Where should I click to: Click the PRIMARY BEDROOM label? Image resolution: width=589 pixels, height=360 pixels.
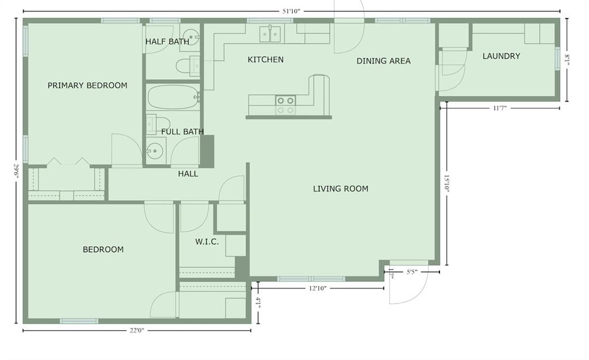(x=87, y=86)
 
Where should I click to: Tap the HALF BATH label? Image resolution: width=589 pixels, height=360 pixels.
(x=167, y=41)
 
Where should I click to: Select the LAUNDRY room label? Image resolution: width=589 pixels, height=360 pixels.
(x=501, y=56)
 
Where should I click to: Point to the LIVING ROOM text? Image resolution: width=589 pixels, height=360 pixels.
(x=341, y=189)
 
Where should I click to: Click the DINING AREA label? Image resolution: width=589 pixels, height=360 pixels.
(x=383, y=61)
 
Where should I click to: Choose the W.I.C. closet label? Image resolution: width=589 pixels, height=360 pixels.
(x=206, y=242)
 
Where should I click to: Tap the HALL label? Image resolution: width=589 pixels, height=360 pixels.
(x=188, y=174)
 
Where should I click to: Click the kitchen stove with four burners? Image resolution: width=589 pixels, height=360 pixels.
(x=285, y=105)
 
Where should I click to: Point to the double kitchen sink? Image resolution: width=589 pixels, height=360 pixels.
(x=270, y=34)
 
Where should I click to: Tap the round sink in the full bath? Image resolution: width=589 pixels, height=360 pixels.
(x=154, y=152)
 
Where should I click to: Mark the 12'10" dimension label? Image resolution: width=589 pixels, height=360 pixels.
(x=318, y=288)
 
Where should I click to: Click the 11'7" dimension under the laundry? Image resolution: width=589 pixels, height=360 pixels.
(x=499, y=108)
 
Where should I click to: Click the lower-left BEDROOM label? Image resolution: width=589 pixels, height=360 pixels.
(x=103, y=250)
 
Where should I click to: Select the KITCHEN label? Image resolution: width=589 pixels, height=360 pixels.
(x=265, y=60)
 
